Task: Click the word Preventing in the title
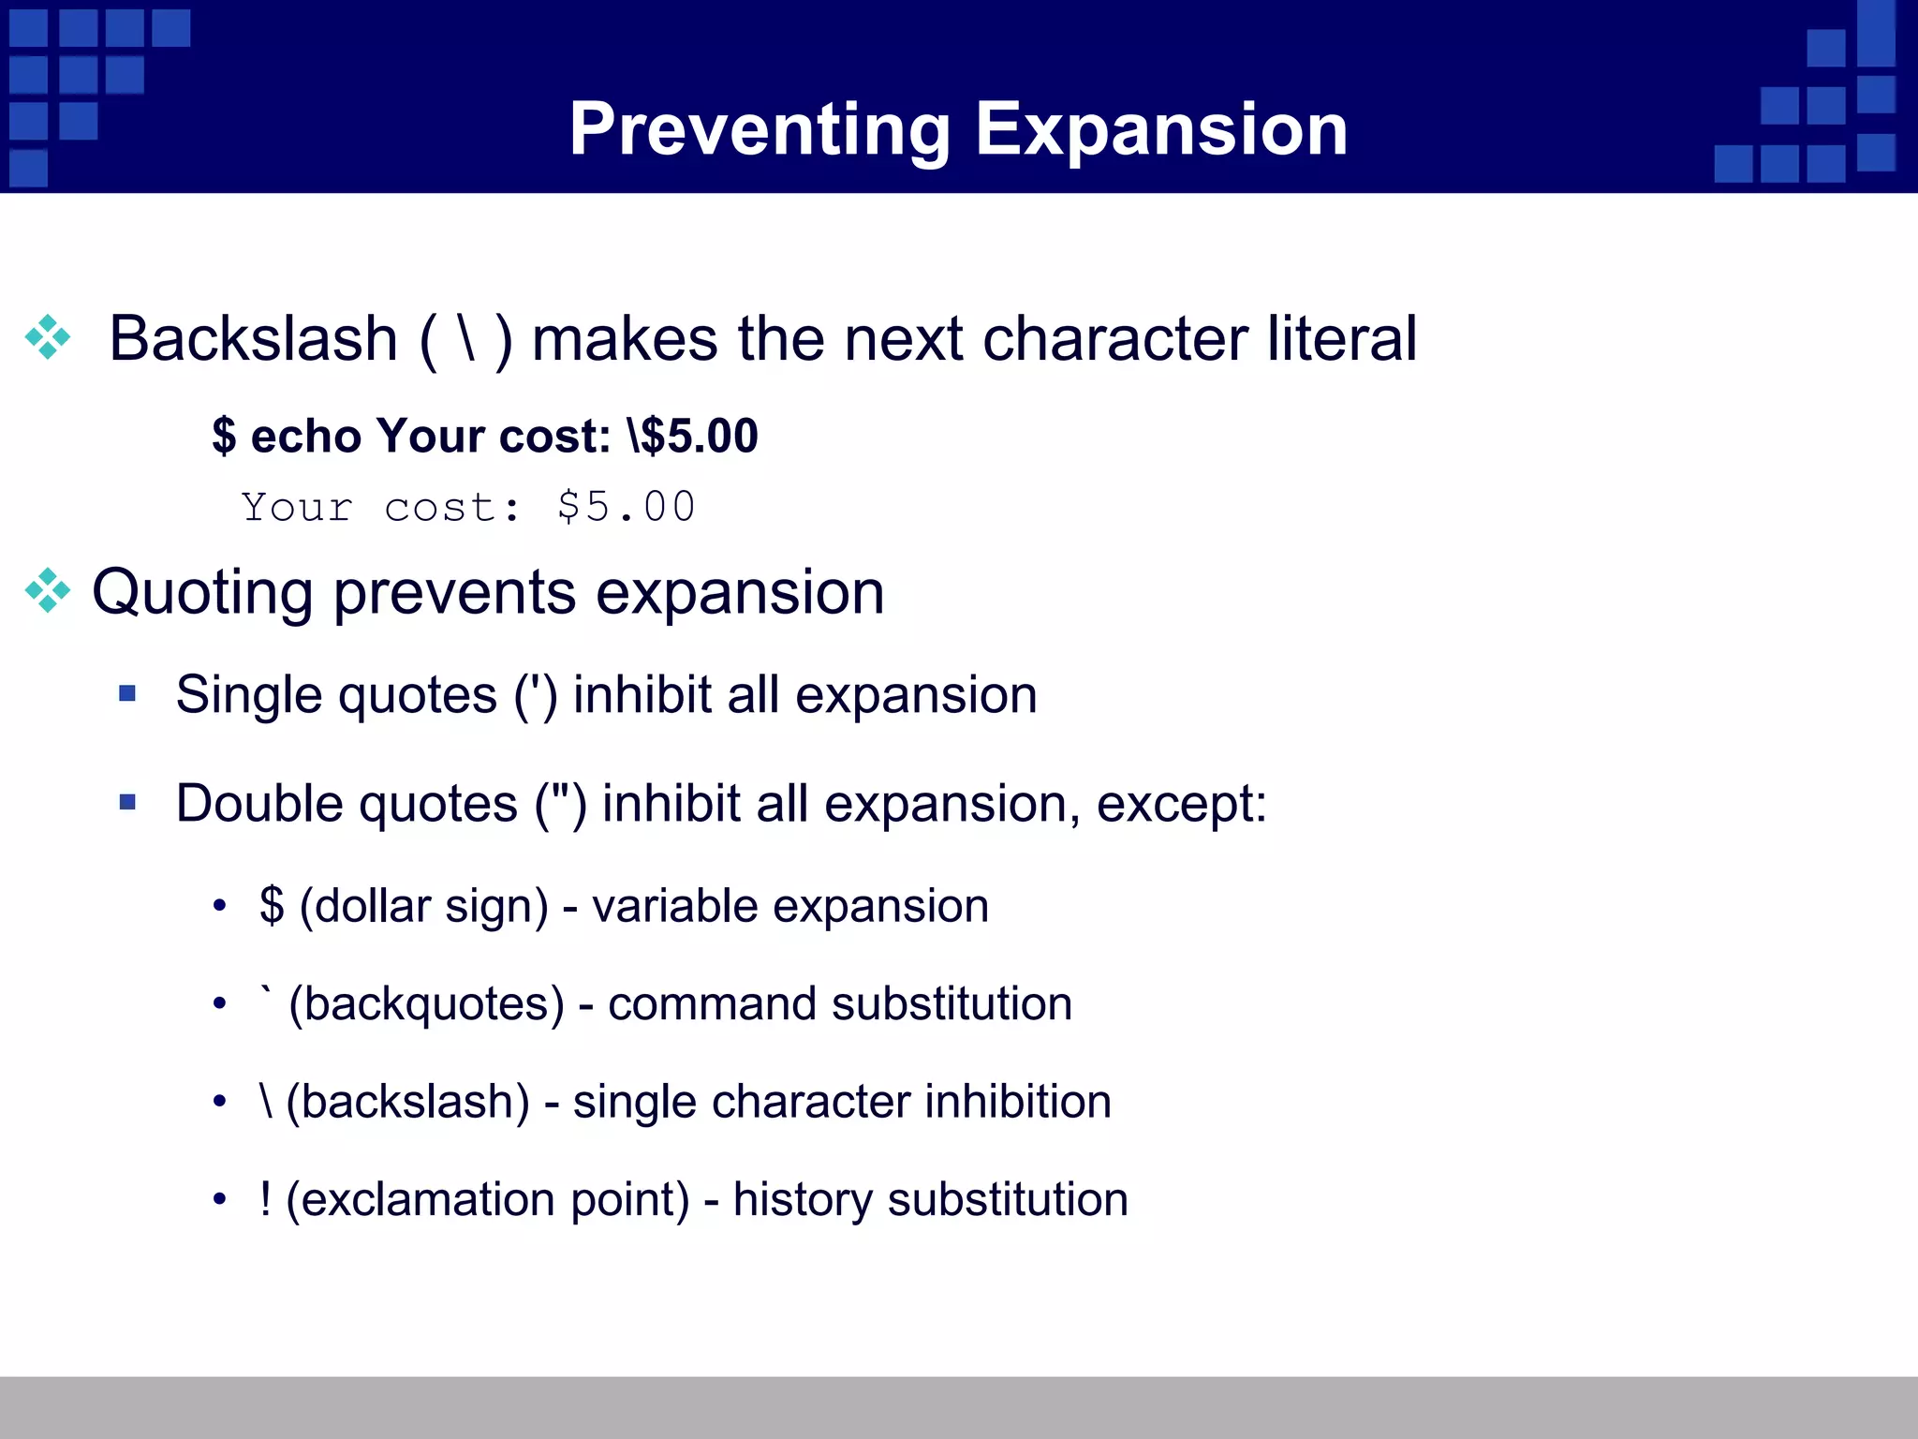click(759, 130)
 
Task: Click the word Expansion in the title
click(1161, 130)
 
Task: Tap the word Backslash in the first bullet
click(254, 338)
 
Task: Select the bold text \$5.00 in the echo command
click(693, 437)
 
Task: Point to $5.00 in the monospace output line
click(626, 507)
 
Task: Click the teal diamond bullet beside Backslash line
click(48, 338)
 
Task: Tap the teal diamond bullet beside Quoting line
click(48, 591)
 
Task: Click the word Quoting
click(202, 593)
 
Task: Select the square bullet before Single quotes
click(127, 694)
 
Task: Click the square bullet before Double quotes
click(127, 803)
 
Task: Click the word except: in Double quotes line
click(1181, 804)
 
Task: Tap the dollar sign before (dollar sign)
click(272, 906)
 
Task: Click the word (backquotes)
click(427, 1004)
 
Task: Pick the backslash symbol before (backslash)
click(267, 1101)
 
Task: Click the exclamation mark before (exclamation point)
click(266, 1199)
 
